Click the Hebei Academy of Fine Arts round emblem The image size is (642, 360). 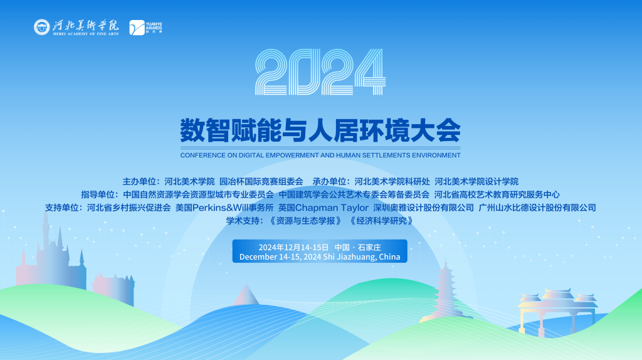click(43, 27)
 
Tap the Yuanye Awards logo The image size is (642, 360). click(137, 28)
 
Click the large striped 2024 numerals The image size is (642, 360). click(320, 73)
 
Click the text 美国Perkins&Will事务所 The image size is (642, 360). click(224, 208)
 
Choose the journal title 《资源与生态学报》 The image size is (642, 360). click(305, 221)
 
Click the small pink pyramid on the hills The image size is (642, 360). click(247, 295)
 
